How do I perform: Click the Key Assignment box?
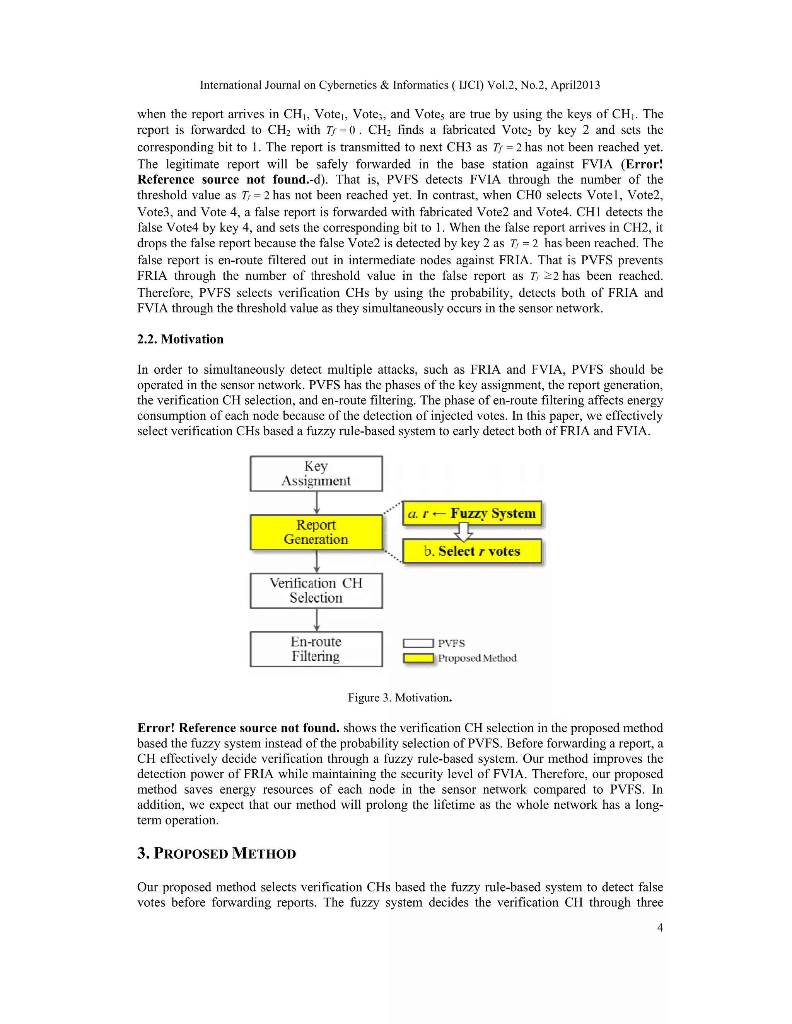click(x=316, y=474)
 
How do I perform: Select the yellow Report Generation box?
click(x=316, y=532)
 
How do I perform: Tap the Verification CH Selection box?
click(x=316, y=590)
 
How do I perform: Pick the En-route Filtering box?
click(x=316, y=649)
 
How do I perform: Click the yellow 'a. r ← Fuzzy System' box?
click(x=472, y=514)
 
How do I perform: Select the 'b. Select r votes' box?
click(x=472, y=551)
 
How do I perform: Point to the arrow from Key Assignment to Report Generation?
click(x=317, y=503)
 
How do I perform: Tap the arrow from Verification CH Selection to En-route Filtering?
click(x=317, y=620)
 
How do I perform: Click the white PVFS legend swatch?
click(x=418, y=643)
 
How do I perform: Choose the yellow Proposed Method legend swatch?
click(x=418, y=658)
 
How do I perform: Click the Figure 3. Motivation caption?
click(x=400, y=697)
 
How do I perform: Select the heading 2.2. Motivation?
click(x=180, y=339)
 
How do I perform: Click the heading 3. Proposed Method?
click(x=216, y=853)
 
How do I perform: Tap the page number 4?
click(x=660, y=927)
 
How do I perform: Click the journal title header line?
click(x=400, y=85)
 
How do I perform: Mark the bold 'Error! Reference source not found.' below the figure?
click(x=238, y=728)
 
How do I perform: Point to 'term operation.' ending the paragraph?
click(x=178, y=820)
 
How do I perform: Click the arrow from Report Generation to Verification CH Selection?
click(x=317, y=562)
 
